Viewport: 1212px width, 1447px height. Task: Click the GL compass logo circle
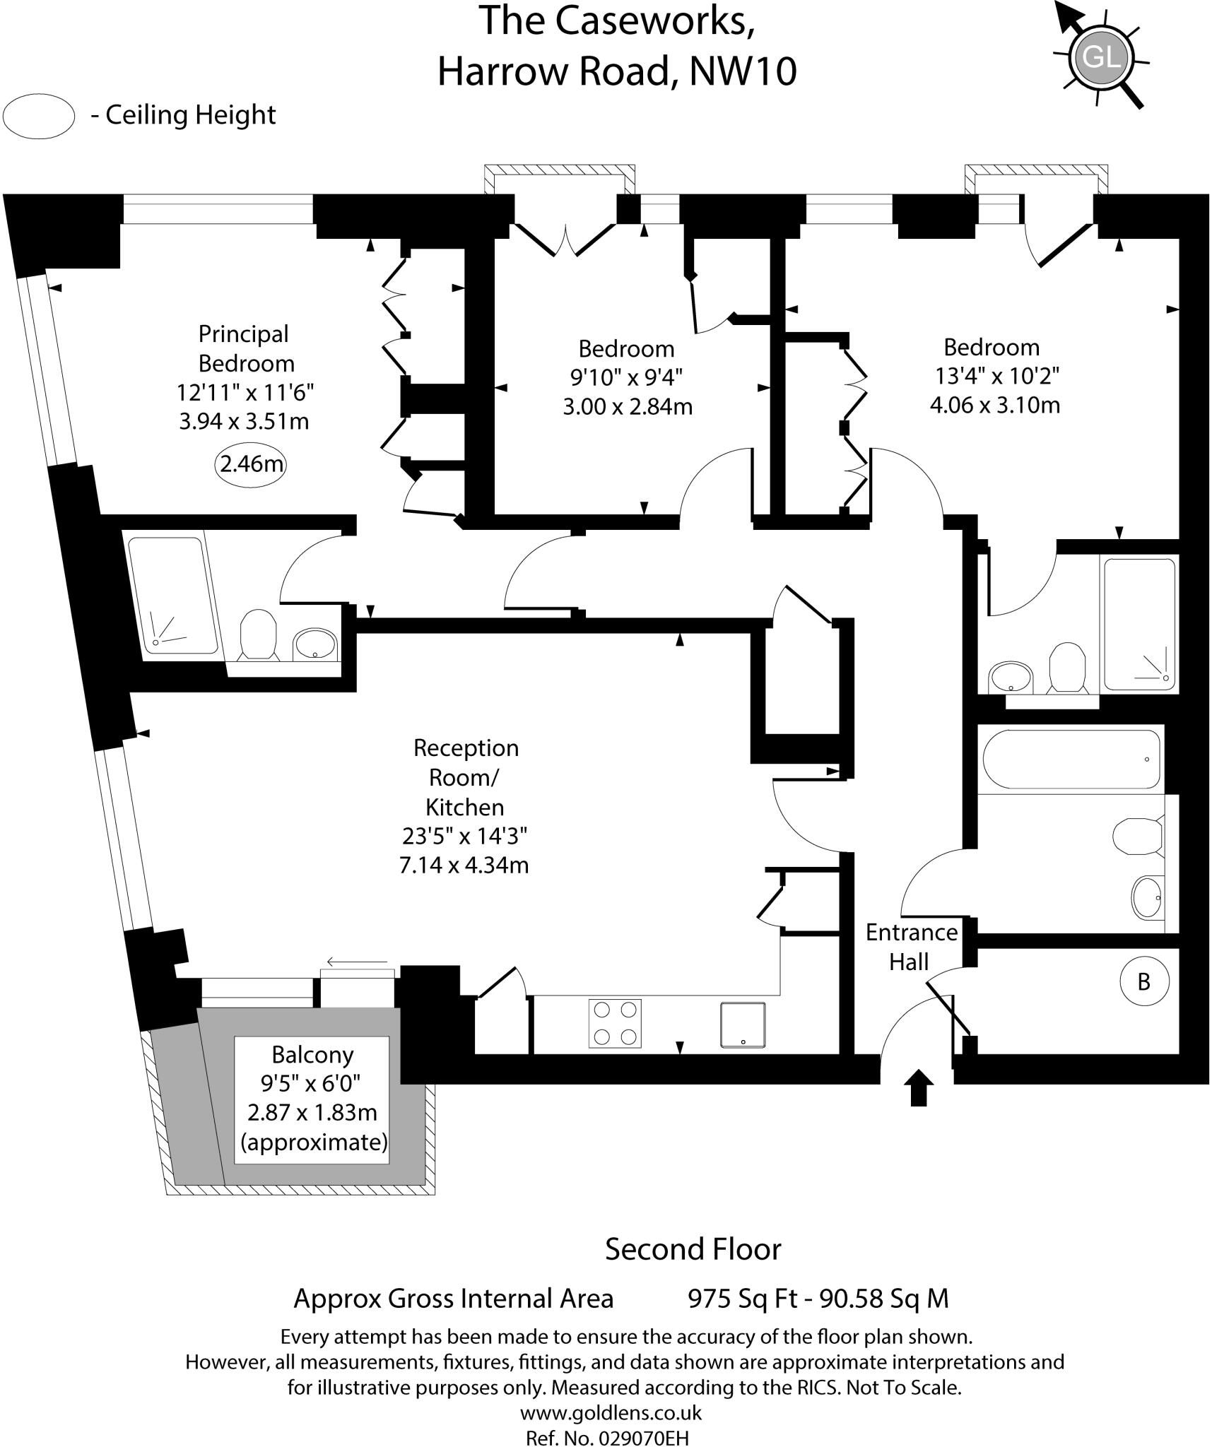point(1102,56)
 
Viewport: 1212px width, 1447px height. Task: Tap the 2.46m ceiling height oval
point(251,464)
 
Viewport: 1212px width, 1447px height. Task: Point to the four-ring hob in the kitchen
point(615,1023)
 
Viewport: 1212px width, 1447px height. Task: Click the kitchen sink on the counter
point(743,1024)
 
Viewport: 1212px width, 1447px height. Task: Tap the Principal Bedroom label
point(245,348)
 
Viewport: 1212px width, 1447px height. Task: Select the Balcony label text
point(312,1055)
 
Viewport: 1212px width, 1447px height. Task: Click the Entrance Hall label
point(911,947)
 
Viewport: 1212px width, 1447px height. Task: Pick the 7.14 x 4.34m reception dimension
point(464,865)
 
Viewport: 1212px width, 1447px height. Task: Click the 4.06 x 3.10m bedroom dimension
point(994,405)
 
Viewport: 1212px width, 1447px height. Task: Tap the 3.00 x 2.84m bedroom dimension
point(627,407)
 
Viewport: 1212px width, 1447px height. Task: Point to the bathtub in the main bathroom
point(1071,760)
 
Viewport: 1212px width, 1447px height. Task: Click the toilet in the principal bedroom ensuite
point(257,634)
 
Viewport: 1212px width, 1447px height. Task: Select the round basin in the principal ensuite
point(315,644)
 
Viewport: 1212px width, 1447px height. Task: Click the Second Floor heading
point(693,1249)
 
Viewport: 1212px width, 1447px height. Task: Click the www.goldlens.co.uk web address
point(611,1412)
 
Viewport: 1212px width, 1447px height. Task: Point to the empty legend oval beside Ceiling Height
point(39,116)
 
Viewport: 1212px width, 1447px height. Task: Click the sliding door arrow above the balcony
point(357,962)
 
